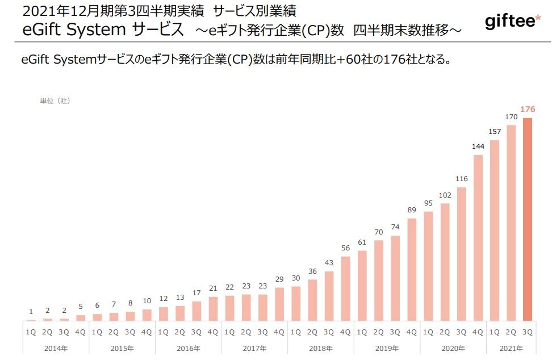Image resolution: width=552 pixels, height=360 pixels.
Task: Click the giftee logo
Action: [513, 22]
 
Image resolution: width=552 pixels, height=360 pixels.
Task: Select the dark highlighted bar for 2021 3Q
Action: [528, 219]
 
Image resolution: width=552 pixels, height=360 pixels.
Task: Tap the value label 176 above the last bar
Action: [528, 109]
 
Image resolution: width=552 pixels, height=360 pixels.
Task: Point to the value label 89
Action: [412, 210]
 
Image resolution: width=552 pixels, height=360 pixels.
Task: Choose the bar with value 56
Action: [345, 288]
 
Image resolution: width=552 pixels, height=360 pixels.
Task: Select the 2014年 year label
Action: [56, 348]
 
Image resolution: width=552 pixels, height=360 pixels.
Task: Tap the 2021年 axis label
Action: [511, 348]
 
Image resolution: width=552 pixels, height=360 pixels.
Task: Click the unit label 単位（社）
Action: [55, 101]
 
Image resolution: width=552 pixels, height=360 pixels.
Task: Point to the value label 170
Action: [511, 117]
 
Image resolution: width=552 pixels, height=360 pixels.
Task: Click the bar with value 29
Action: [279, 304]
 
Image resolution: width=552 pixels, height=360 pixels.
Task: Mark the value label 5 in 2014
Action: [81, 307]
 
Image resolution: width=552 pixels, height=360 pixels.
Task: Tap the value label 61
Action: [362, 242]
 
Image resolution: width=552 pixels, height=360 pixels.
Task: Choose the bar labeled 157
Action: [495, 230]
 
